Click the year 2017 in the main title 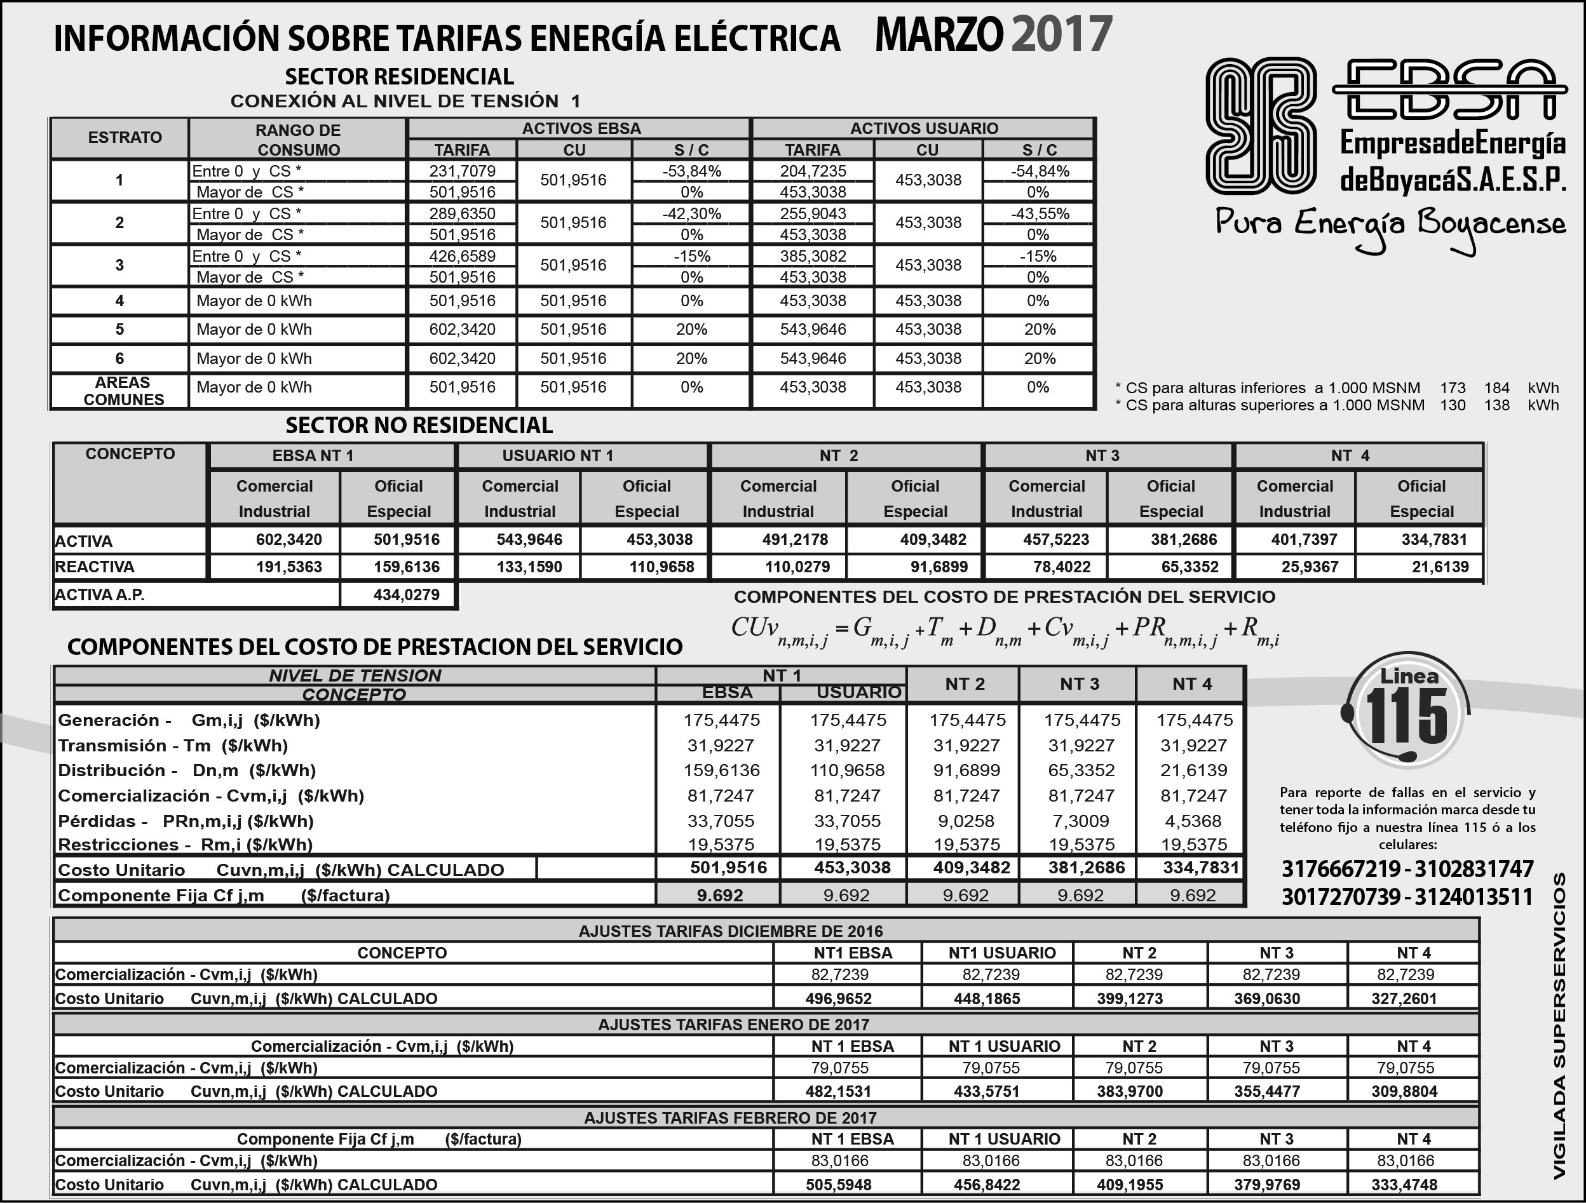(1061, 34)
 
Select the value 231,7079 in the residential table (462, 171)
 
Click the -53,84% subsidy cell (691, 171)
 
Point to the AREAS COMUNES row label (123, 391)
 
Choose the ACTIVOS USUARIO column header (923, 128)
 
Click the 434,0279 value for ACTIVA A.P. (406, 595)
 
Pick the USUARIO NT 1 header (557, 456)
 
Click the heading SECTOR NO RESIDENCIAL (419, 426)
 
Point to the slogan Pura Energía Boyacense (1390, 225)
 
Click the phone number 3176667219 (1340, 869)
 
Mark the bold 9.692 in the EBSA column (720, 896)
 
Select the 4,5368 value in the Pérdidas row (1193, 821)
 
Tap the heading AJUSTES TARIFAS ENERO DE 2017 (733, 1025)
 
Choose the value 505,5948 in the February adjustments (838, 1185)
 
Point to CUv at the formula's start (755, 628)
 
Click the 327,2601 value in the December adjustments (1403, 998)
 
